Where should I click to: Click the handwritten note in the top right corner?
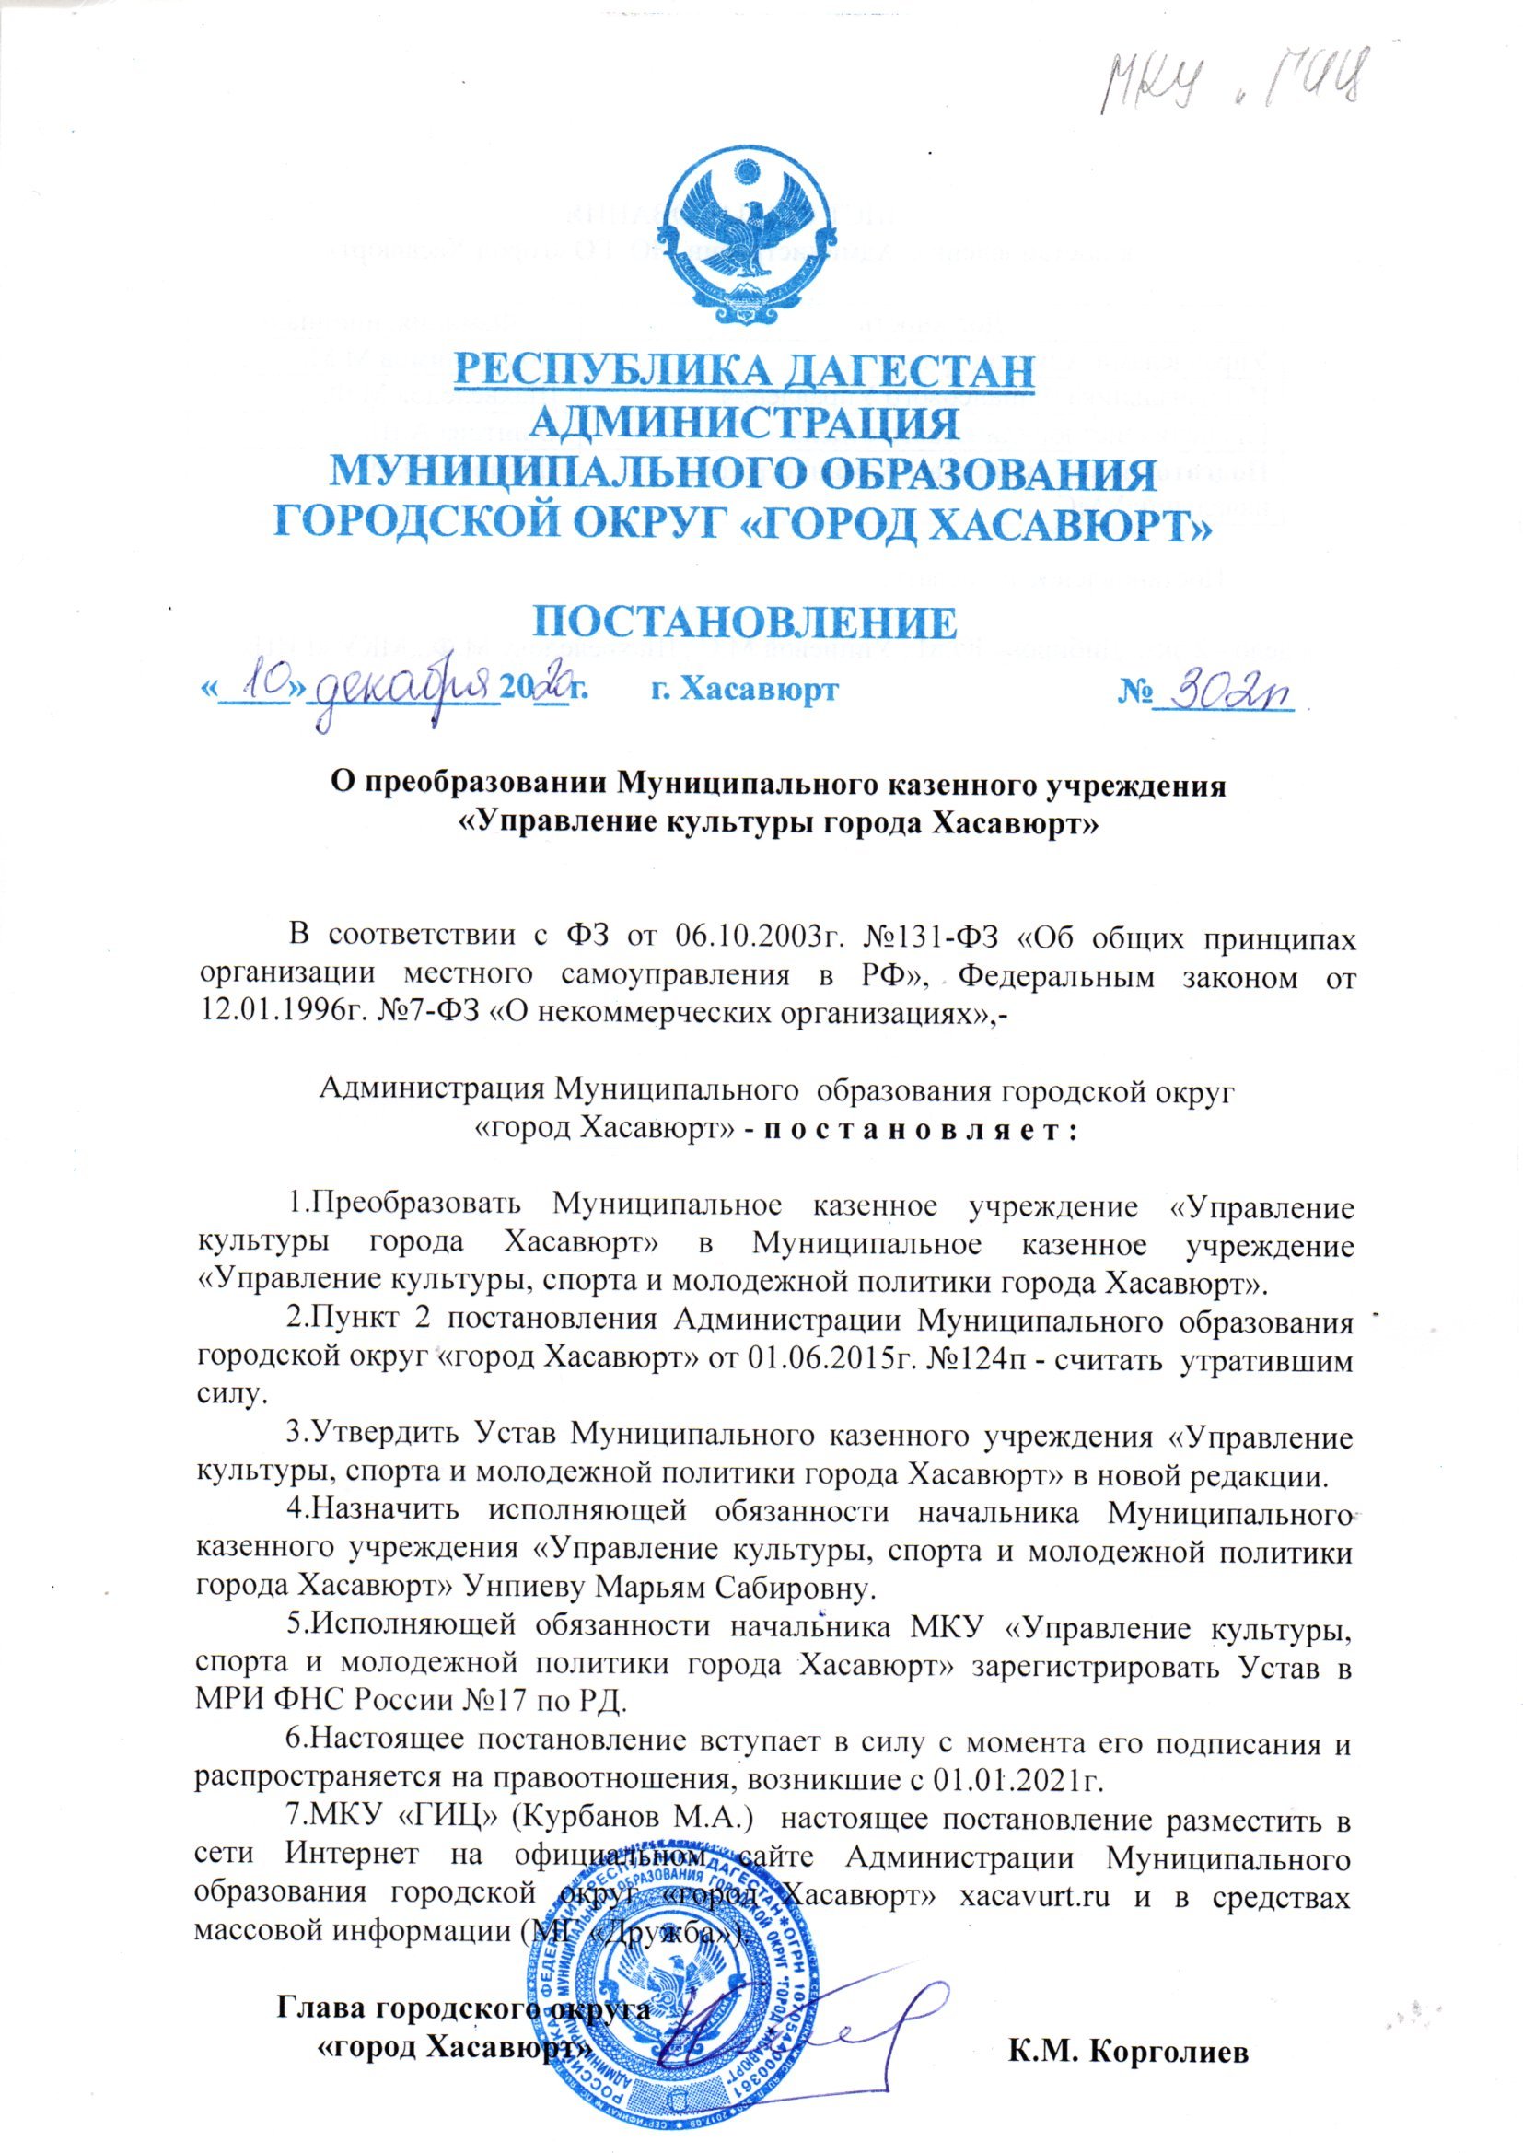click(x=1238, y=86)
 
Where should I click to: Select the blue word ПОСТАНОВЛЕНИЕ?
click(x=746, y=621)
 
